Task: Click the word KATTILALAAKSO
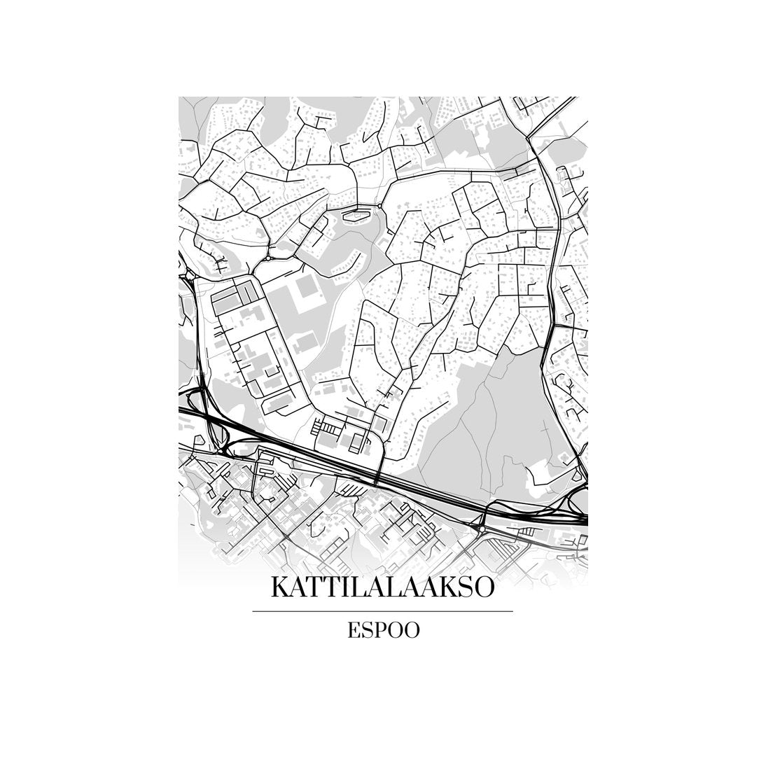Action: (x=382, y=587)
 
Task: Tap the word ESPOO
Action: (x=383, y=630)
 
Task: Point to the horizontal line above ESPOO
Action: (x=382, y=611)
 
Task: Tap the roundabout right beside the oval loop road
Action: (x=379, y=207)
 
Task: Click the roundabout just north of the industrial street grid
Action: (x=268, y=258)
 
